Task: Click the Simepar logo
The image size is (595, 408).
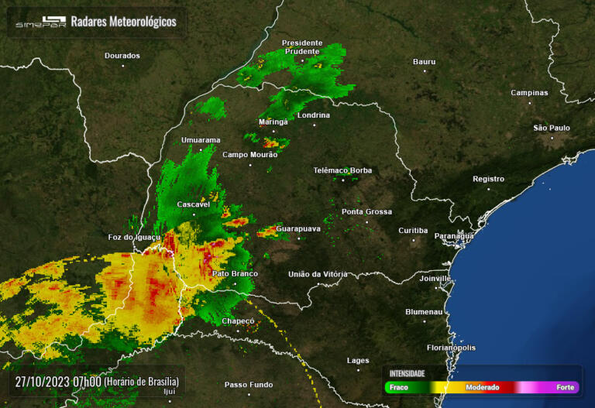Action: point(40,22)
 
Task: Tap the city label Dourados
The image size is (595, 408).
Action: point(122,56)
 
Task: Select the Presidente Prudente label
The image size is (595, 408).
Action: point(301,46)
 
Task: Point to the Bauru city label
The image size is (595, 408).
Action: point(425,61)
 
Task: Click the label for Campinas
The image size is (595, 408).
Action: point(529,93)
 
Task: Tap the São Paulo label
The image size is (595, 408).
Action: point(552,128)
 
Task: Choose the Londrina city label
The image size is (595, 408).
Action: point(314,115)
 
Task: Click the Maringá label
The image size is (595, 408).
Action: point(273,122)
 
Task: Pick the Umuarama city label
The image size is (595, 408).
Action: point(201,140)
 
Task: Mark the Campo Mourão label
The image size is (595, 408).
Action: point(249,155)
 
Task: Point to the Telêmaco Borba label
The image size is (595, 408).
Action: point(342,170)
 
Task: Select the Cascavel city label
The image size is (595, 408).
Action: point(194,204)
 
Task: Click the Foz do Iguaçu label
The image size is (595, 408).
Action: point(134,237)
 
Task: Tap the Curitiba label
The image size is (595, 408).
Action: point(413,230)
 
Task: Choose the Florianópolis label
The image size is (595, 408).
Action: point(451,348)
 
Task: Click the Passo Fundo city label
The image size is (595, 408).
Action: point(249,384)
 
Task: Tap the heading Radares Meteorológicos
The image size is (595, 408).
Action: point(124,22)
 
